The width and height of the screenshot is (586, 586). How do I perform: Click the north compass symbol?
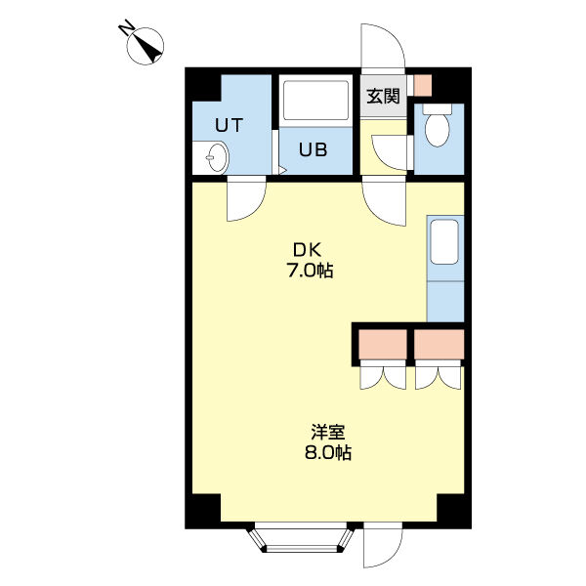click(x=146, y=46)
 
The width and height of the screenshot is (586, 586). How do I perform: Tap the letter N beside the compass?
click(x=126, y=29)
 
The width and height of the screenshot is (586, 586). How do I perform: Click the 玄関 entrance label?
click(x=383, y=96)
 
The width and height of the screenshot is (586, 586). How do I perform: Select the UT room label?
click(x=230, y=125)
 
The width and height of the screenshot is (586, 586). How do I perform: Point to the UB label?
click(x=314, y=149)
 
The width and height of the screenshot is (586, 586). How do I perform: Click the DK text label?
click(x=308, y=250)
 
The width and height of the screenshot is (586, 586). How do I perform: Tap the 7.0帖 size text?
click(x=310, y=271)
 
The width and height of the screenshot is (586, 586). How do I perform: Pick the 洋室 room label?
click(x=328, y=432)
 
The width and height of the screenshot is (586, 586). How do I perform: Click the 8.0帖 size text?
click(x=328, y=452)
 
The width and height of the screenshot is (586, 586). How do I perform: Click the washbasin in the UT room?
click(x=217, y=157)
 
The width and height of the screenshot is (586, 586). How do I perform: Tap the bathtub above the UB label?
click(x=315, y=101)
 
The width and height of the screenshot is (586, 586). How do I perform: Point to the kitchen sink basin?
click(x=444, y=242)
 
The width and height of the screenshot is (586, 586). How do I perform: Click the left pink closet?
click(x=383, y=345)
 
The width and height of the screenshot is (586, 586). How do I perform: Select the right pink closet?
click(x=439, y=345)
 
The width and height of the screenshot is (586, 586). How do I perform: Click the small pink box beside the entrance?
click(x=423, y=85)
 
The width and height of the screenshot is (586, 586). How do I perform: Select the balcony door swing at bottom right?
click(x=383, y=545)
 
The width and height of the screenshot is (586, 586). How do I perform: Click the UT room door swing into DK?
click(x=246, y=199)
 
